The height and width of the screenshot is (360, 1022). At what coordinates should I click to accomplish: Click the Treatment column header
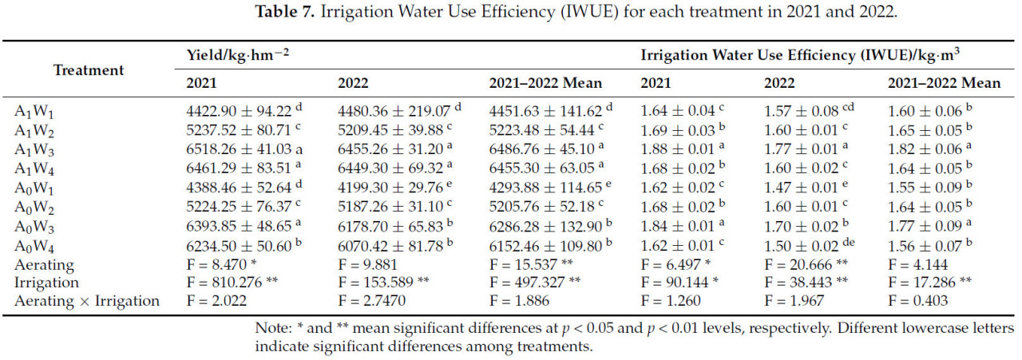(x=89, y=69)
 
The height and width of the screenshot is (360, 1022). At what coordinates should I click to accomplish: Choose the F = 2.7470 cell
(x=371, y=301)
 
